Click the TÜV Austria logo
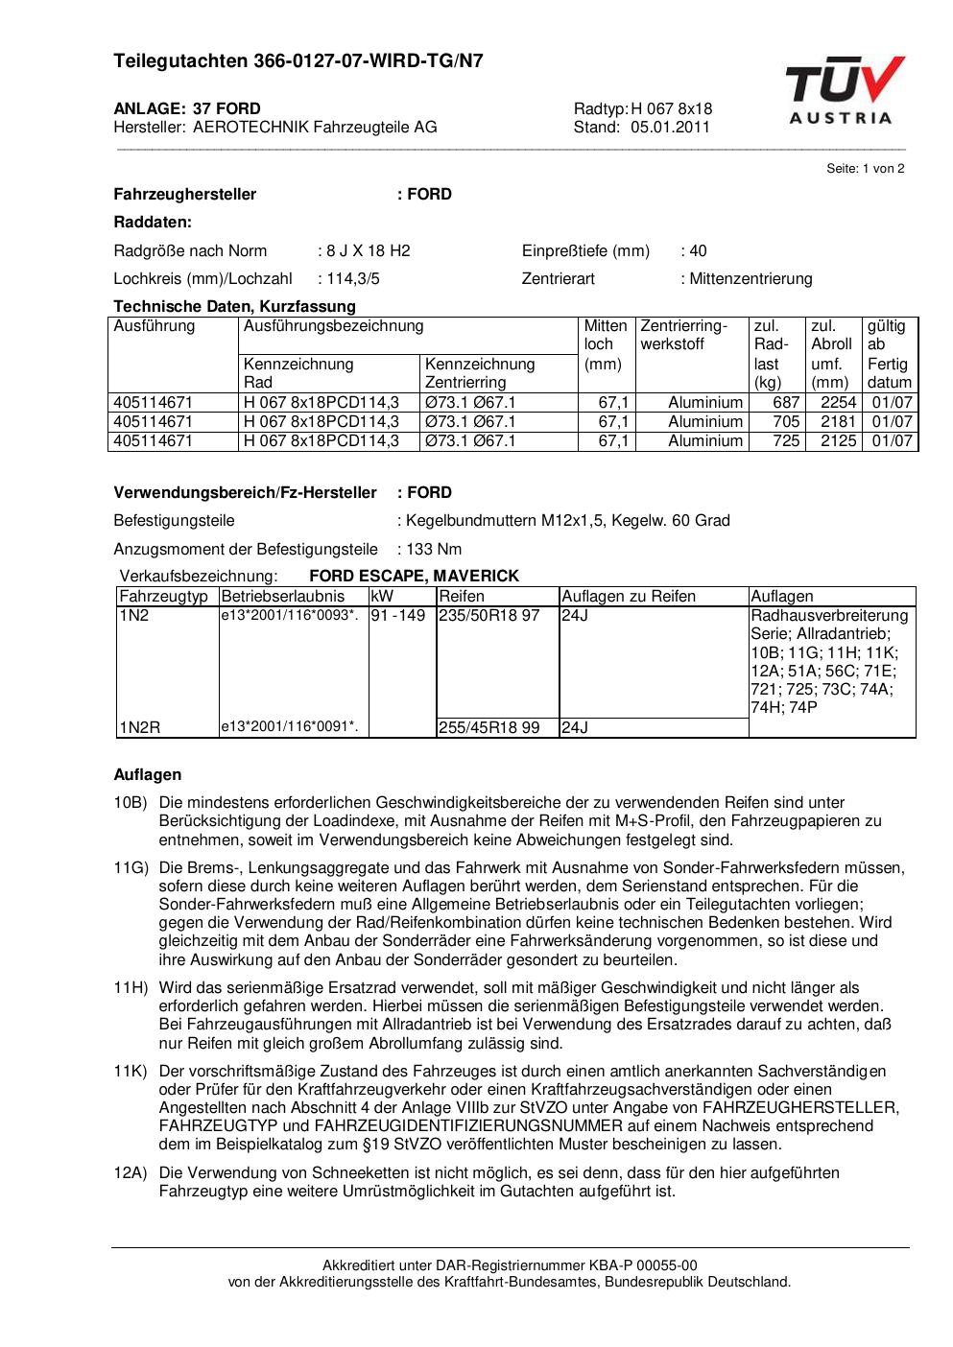tap(844, 90)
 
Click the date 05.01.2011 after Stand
tap(670, 127)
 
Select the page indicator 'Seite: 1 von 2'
tap(865, 169)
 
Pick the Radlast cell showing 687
tap(786, 402)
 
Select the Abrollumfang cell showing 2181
tap(838, 421)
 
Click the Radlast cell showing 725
tap(786, 441)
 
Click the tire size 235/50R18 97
tap(488, 615)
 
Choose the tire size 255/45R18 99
tap(488, 728)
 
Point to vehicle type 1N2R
tap(140, 728)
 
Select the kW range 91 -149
tap(397, 615)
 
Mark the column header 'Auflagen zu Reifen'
tap(629, 597)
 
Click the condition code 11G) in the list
tap(131, 868)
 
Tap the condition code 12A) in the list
tap(131, 1173)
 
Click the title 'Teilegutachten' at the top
tap(180, 61)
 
